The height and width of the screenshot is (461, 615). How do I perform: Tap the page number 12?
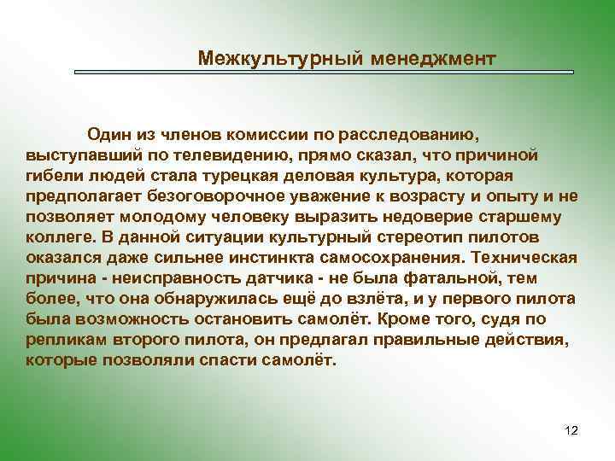pos(571,430)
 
